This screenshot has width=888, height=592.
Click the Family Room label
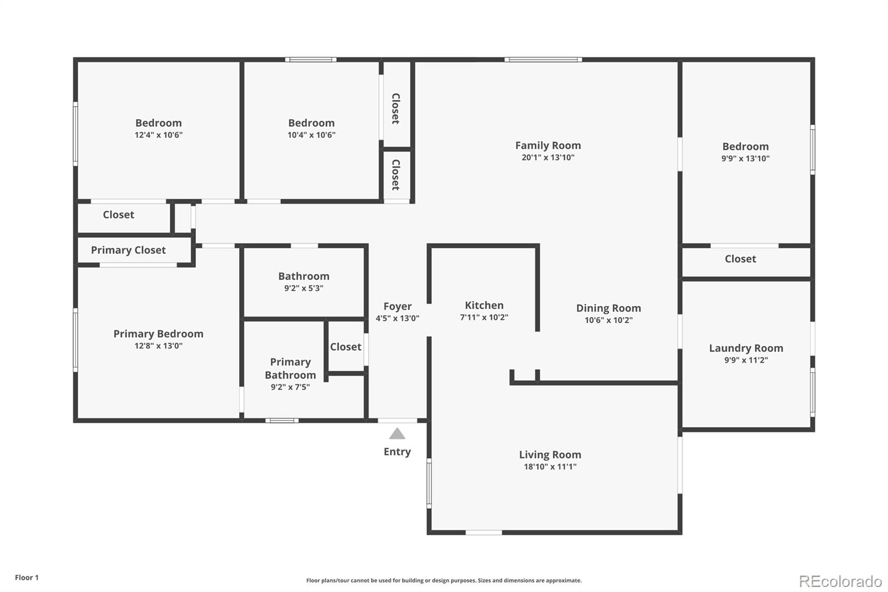[548, 146]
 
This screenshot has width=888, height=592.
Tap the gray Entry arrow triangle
[397, 434]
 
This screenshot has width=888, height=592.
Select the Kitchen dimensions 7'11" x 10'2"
[484, 318]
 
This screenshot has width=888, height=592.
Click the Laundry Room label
[746, 348]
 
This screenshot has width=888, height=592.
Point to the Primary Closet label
[128, 250]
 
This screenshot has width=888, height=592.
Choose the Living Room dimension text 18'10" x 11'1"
[550, 467]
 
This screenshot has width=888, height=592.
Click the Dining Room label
[608, 308]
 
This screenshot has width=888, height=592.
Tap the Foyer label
[397, 307]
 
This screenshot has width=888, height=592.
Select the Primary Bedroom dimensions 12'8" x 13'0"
[158, 346]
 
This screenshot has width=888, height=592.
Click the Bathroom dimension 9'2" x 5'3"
[304, 288]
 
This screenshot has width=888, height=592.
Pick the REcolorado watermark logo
[840, 581]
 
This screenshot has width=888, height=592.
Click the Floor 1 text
[27, 578]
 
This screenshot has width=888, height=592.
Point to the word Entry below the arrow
[397, 452]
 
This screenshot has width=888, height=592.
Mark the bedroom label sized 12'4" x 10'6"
[158, 123]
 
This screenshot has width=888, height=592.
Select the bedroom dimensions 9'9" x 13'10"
[745, 159]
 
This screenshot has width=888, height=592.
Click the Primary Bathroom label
[290, 368]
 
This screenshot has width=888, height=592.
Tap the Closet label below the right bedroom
[740, 259]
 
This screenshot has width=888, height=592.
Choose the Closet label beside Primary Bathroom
[345, 347]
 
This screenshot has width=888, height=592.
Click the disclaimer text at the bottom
[444, 580]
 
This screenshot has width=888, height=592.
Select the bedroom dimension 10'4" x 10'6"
[311, 135]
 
